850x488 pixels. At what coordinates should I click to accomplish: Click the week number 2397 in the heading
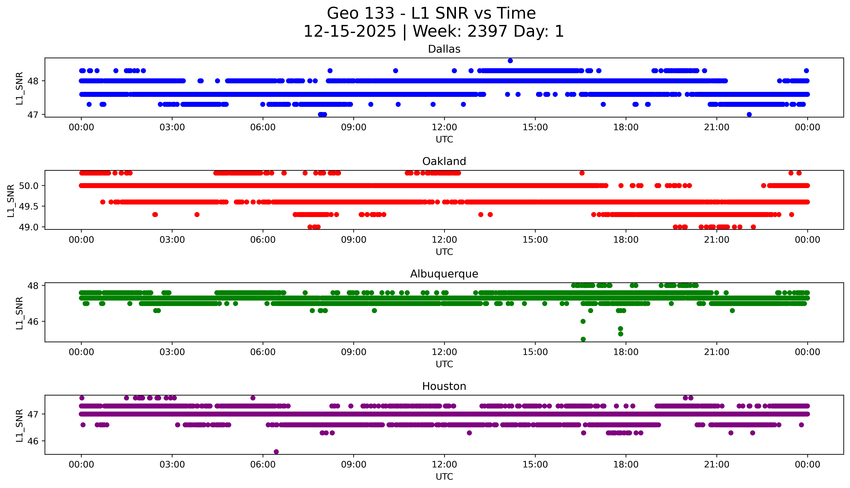pyautogui.click(x=487, y=32)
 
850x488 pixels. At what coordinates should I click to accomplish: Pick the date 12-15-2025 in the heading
pyautogui.click(x=349, y=32)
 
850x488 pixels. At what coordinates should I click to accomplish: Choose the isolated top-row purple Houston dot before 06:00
pyautogui.click(x=253, y=398)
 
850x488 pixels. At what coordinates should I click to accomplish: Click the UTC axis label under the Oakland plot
pyautogui.click(x=444, y=252)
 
